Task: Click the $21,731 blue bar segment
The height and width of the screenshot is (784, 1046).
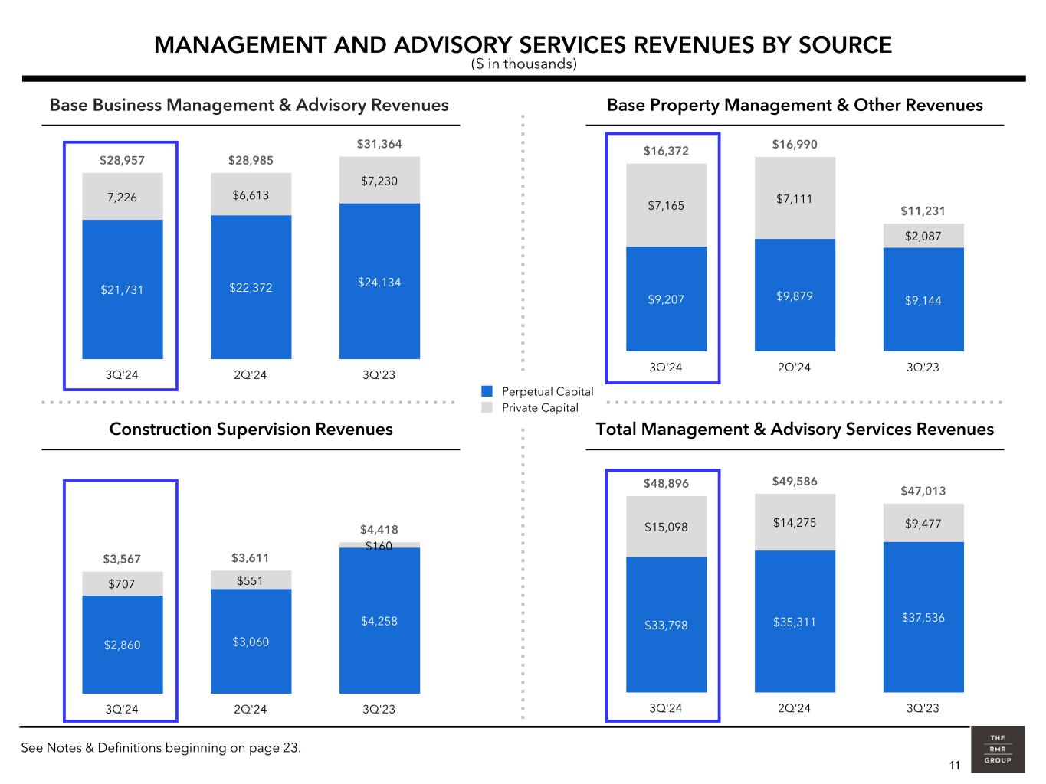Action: (123, 289)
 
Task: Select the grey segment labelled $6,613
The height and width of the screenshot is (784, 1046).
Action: (251, 195)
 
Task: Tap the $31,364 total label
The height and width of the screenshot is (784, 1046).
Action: (379, 144)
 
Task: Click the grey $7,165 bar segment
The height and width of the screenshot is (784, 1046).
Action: (666, 205)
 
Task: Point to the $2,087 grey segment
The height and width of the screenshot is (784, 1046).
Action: (923, 236)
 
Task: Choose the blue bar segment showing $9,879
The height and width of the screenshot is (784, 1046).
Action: (795, 296)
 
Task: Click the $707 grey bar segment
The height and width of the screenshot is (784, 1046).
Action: (122, 584)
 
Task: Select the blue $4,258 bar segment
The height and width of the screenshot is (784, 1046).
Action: (379, 621)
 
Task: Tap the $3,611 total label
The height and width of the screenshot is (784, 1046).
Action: (251, 557)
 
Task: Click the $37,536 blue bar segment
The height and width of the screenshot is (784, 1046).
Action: (923, 617)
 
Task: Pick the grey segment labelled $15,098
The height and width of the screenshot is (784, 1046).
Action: (666, 527)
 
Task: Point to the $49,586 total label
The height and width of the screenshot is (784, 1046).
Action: (795, 482)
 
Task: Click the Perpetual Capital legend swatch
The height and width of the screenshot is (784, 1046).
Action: (487, 391)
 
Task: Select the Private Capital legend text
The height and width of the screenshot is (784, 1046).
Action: (540, 408)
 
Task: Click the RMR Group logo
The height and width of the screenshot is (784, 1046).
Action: (997, 749)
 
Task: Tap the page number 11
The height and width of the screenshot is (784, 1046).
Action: (954, 766)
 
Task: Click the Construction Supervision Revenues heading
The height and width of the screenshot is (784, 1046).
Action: (251, 429)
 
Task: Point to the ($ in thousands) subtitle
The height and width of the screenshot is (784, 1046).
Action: (523, 64)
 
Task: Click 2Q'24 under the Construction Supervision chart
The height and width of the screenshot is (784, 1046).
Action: (251, 709)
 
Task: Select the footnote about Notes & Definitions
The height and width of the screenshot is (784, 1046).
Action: (161, 748)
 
